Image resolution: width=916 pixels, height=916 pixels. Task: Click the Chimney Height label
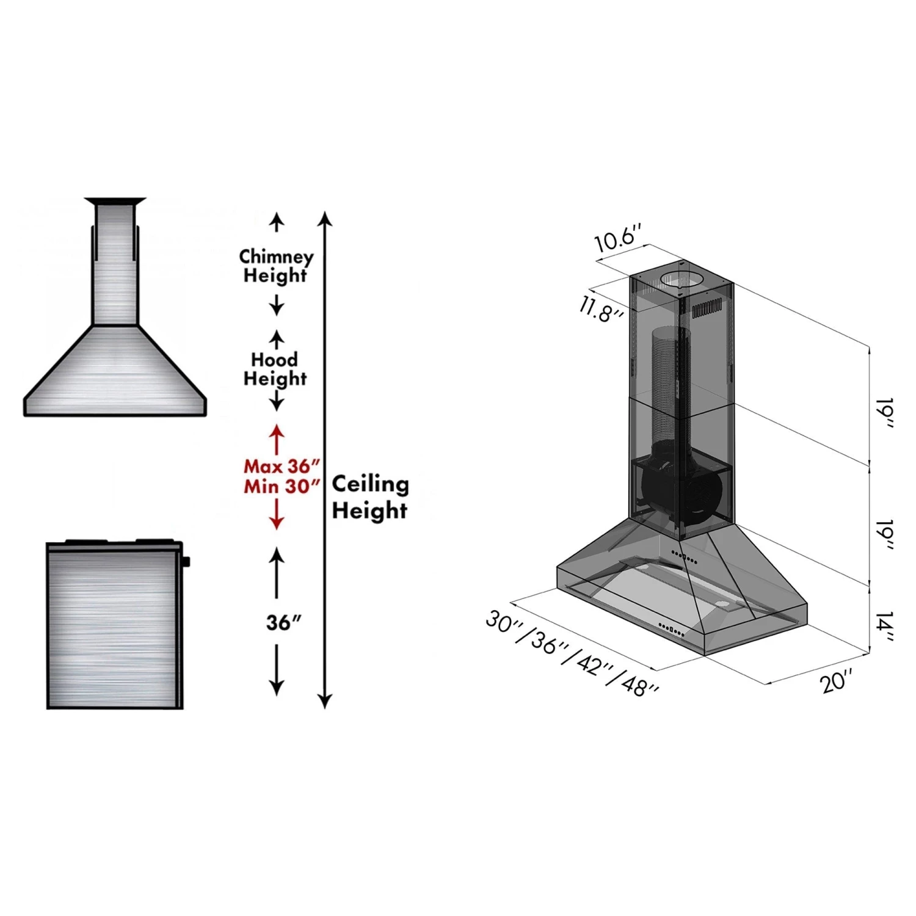[x=276, y=266]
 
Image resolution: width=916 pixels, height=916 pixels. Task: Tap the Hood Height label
[x=275, y=369]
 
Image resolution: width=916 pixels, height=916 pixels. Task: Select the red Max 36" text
[x=282, y=466]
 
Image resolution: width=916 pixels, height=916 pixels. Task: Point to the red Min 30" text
[x=282, y=487]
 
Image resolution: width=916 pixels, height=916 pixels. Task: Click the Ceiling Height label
[x=370, y=496]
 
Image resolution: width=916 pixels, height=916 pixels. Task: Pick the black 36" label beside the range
[x=283, y=622]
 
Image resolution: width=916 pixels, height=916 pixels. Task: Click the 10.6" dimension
[x=619, y=238]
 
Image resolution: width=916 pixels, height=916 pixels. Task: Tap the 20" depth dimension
[x=836, y=680]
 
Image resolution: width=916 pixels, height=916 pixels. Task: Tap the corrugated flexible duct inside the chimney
[x=669, y=385]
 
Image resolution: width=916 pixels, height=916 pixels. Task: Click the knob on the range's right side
[x=186, y=561]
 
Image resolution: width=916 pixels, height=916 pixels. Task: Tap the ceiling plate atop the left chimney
[x=115, y=201]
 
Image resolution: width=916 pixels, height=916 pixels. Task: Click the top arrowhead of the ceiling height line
[x=325, y=219]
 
